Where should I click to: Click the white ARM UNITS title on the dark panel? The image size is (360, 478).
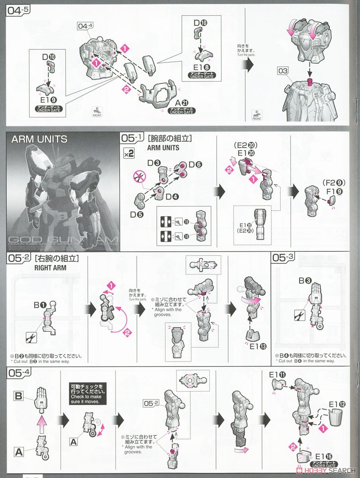[39, 139]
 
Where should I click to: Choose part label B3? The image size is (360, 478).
[306, 280]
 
